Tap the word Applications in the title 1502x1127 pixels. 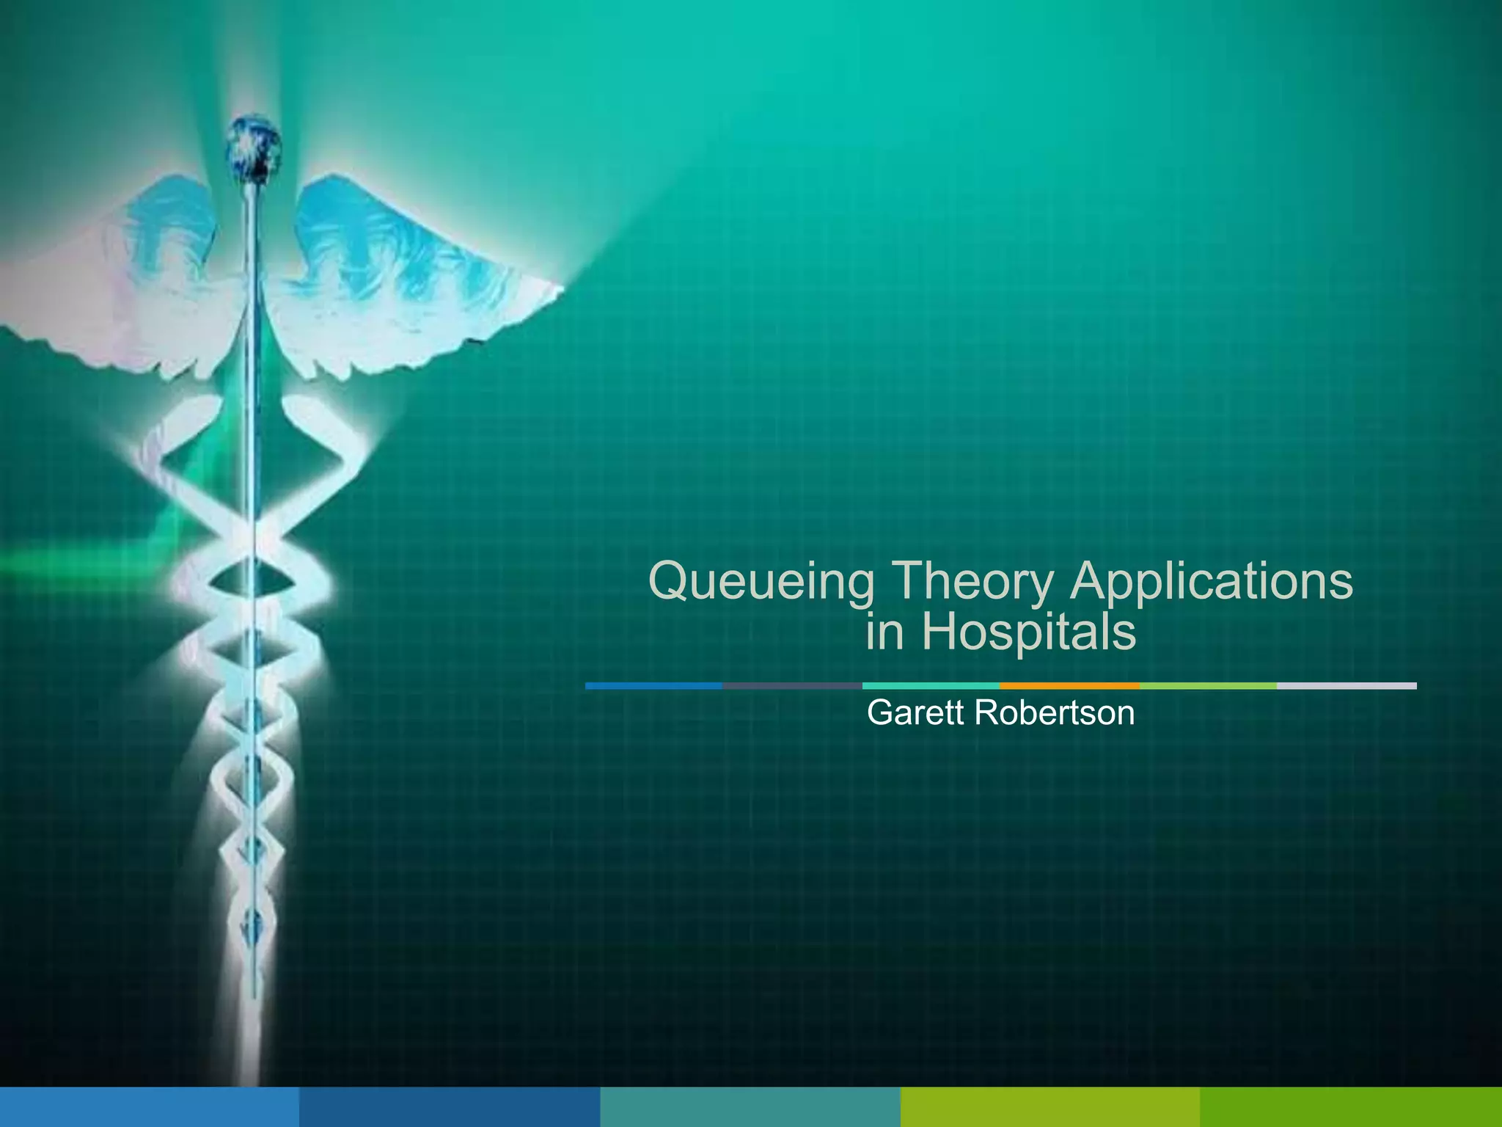point(1211,581)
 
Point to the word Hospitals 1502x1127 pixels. point(1028,632)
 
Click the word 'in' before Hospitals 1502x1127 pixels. point(884,632)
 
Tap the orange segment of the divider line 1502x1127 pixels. point(1069,686)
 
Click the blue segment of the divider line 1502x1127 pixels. point(653,686)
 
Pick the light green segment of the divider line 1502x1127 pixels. point(1208,686)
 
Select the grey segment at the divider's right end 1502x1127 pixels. point(1347,686)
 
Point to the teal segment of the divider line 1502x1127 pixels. point(931,686)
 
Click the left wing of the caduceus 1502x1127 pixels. point(125,286)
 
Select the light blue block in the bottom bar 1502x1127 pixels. point(149,1107)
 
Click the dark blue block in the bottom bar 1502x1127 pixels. point(450,1107)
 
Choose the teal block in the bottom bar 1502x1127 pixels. point(750,1107)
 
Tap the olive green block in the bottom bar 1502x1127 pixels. point(1049,1107)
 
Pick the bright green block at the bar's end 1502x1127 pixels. point(1351,1107)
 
